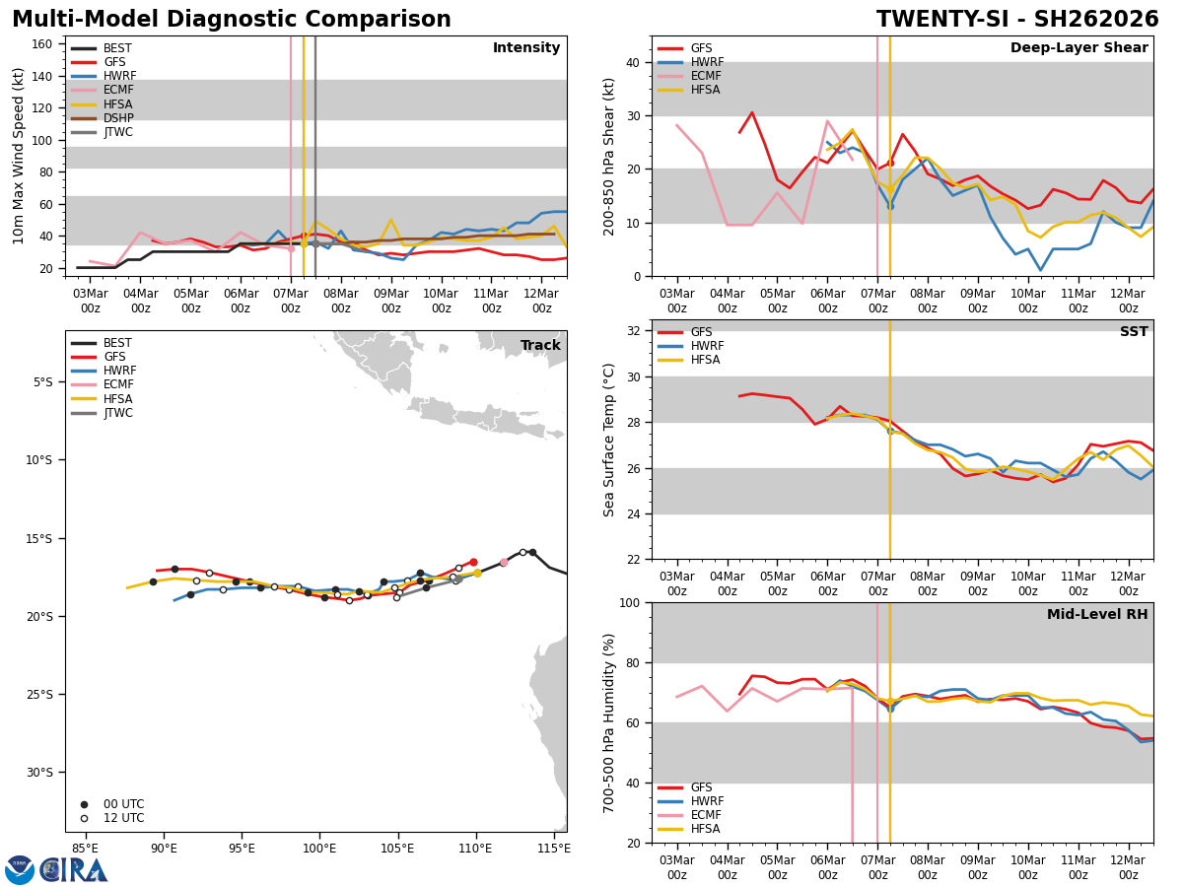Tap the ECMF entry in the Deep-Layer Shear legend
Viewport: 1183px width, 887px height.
[704, 76]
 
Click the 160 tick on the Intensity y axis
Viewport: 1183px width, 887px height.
[43, 44]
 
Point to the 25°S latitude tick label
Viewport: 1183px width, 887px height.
[43, 695]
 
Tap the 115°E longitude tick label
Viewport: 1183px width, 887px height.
[554, 847]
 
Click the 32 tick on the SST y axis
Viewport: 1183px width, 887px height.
[634, 331]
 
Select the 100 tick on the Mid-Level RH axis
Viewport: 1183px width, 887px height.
[629, 602]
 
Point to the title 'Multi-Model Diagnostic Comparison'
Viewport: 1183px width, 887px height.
[232, 20]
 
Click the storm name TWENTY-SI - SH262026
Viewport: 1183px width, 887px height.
[1016, 20]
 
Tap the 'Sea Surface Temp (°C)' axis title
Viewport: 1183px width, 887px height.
[610, 440]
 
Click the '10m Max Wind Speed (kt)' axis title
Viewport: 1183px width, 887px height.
[19, 156]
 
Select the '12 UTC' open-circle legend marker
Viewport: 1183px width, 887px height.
[84, 818]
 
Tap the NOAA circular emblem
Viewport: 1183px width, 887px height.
[20, 869]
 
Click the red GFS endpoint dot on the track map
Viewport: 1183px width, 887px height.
[473, 562]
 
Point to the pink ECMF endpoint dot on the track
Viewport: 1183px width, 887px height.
[504, 562]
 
